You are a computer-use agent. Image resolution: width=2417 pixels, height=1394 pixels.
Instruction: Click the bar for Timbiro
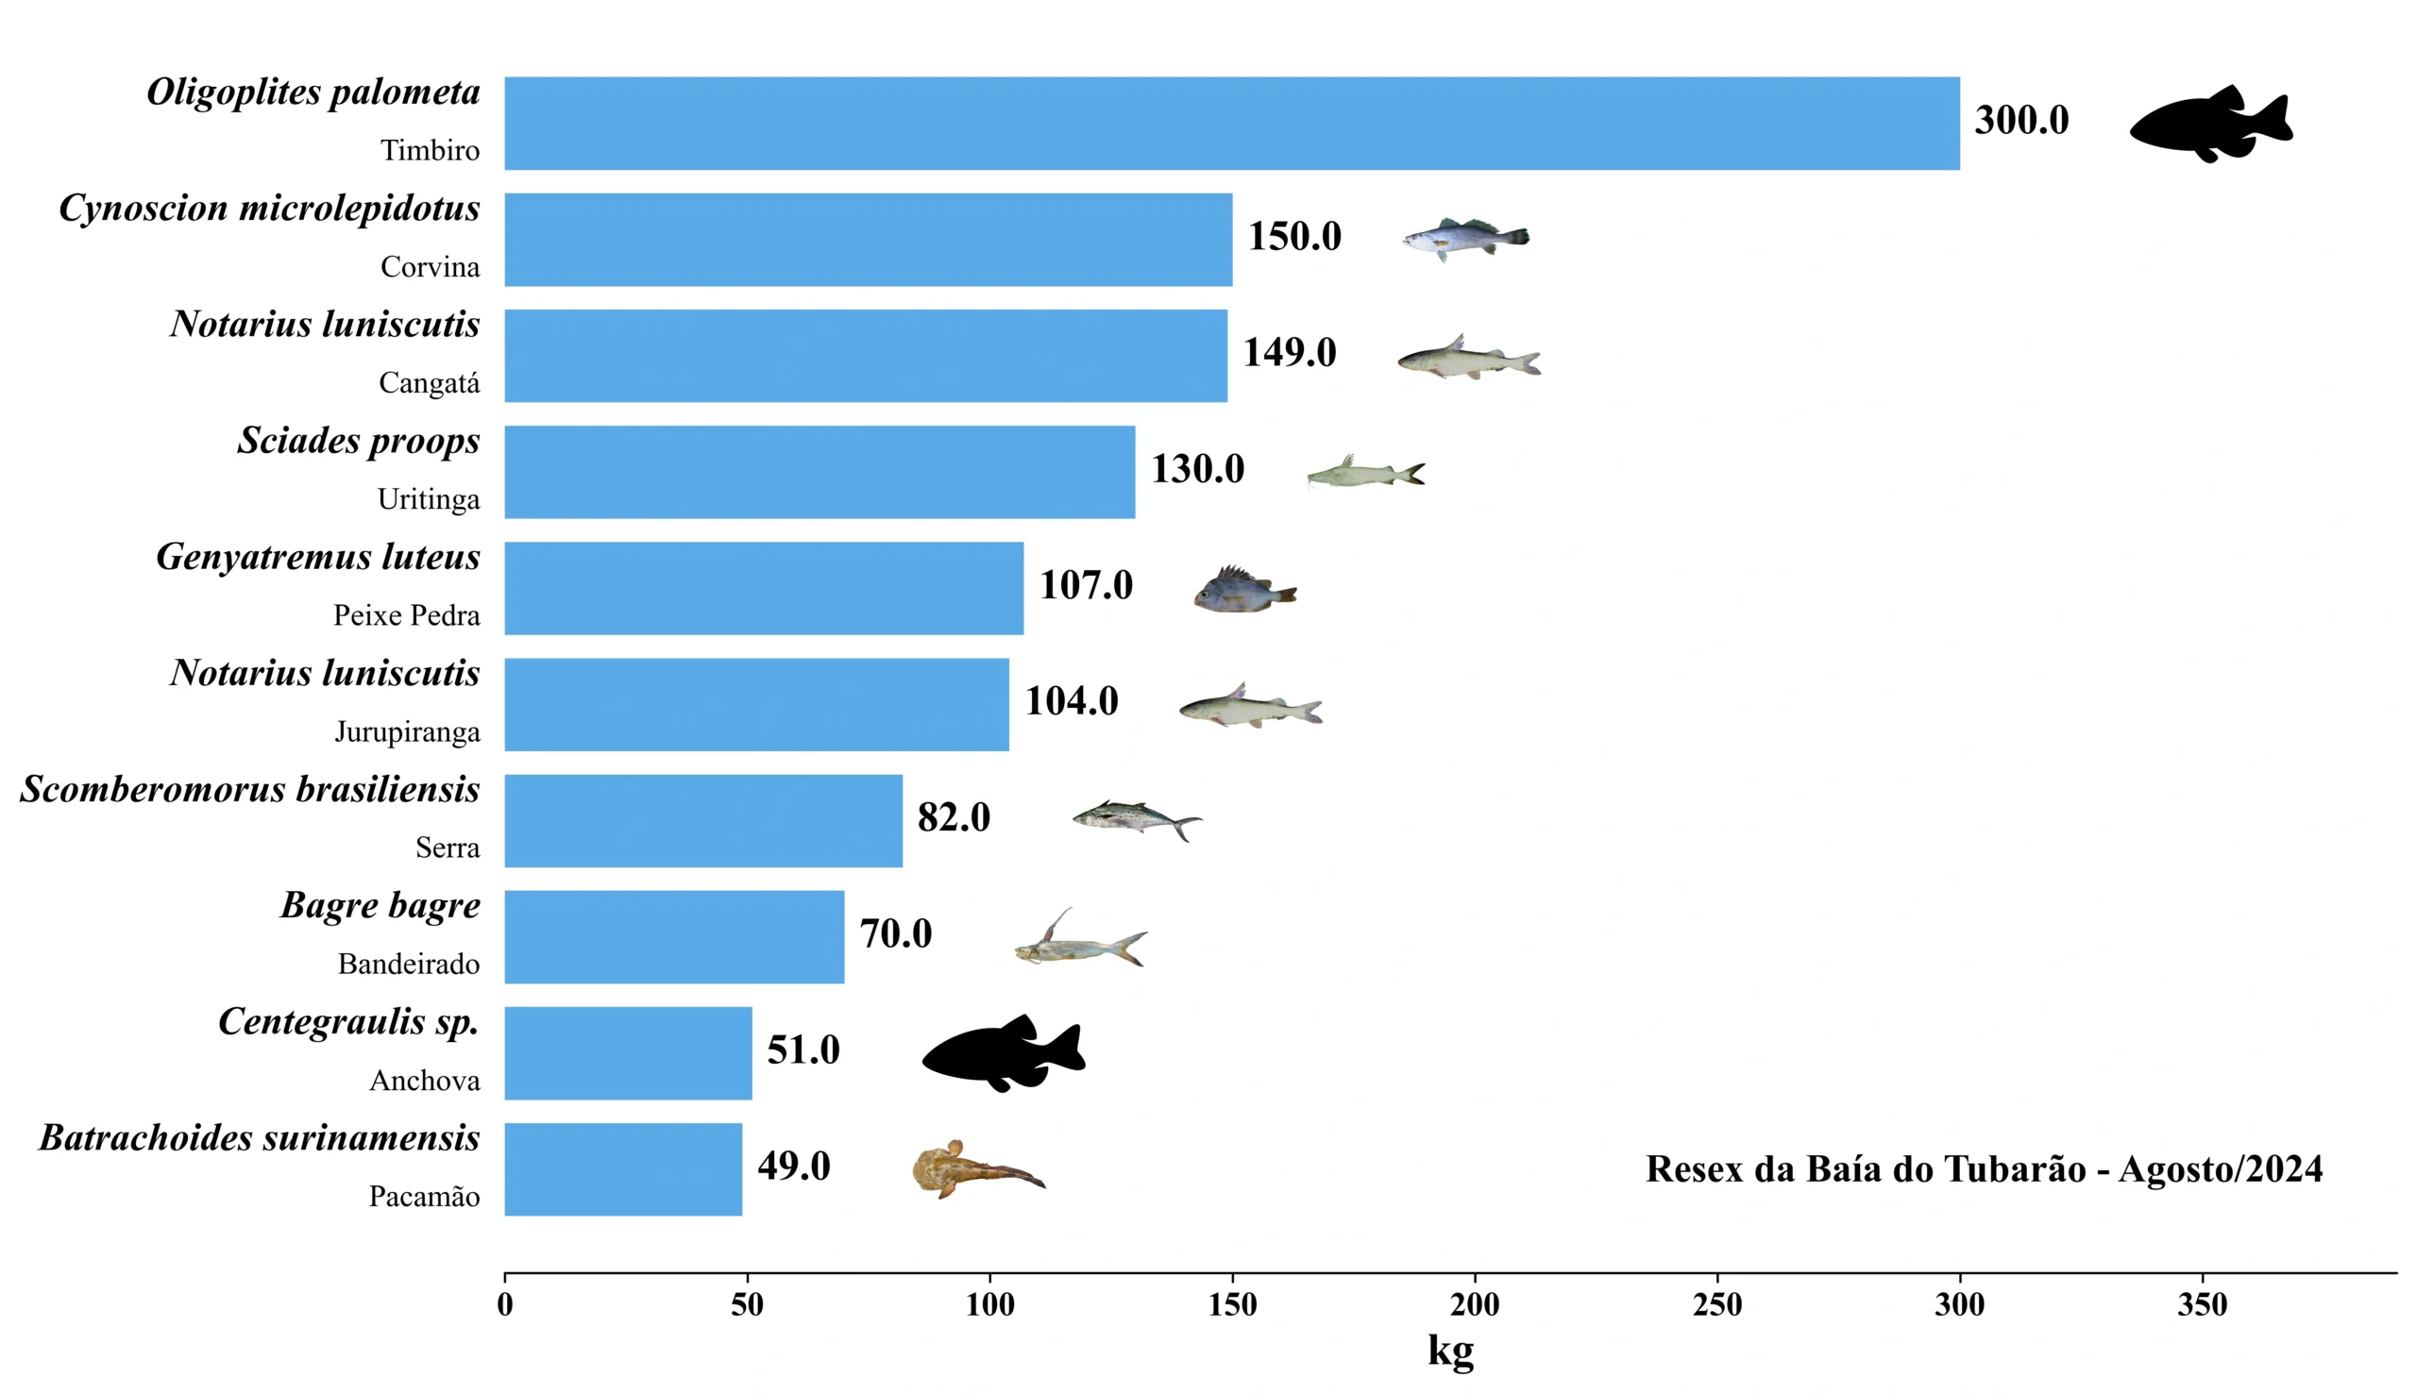(x=1231, y=124)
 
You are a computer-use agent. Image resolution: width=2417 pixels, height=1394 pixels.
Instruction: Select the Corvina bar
(x=868, y=240)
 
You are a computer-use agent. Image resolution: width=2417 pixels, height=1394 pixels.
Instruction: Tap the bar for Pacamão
(x=622, y=1169)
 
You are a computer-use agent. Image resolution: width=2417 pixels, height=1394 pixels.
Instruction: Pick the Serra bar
(x=702, y=820)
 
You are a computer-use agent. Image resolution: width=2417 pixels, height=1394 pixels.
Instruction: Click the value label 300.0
(x=2021, y=121)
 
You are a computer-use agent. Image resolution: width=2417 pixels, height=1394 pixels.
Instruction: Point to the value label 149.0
(x=1289, y=353)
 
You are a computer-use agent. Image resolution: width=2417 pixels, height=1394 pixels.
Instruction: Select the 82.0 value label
(x=954, y=817)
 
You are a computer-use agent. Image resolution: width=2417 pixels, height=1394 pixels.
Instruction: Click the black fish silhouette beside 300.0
(x=2211, y=126)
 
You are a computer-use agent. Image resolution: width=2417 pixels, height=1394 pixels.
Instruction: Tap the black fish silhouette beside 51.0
(x=1004, y=1053)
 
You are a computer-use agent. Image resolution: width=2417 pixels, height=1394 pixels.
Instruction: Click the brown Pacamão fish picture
(x=975, y=1169)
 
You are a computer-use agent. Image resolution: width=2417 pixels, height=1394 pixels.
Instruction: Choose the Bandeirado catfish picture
(x=1080, y=942)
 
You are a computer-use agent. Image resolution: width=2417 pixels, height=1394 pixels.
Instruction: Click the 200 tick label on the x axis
(x=1474, y=1305)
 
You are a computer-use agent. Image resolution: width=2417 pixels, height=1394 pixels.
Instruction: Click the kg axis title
(x=1450, y=1350)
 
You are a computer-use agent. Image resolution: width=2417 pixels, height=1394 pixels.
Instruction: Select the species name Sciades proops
(x=358, y=441)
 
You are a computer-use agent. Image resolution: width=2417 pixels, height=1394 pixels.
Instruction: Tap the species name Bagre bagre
(x=380, y=905)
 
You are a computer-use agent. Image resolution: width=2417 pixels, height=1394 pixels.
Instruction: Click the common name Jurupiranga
(x=407, y=732)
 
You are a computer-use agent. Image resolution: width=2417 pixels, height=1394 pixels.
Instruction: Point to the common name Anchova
(x=424, y=1081)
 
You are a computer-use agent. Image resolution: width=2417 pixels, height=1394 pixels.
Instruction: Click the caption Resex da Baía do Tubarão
(x=1984, y=1169)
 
